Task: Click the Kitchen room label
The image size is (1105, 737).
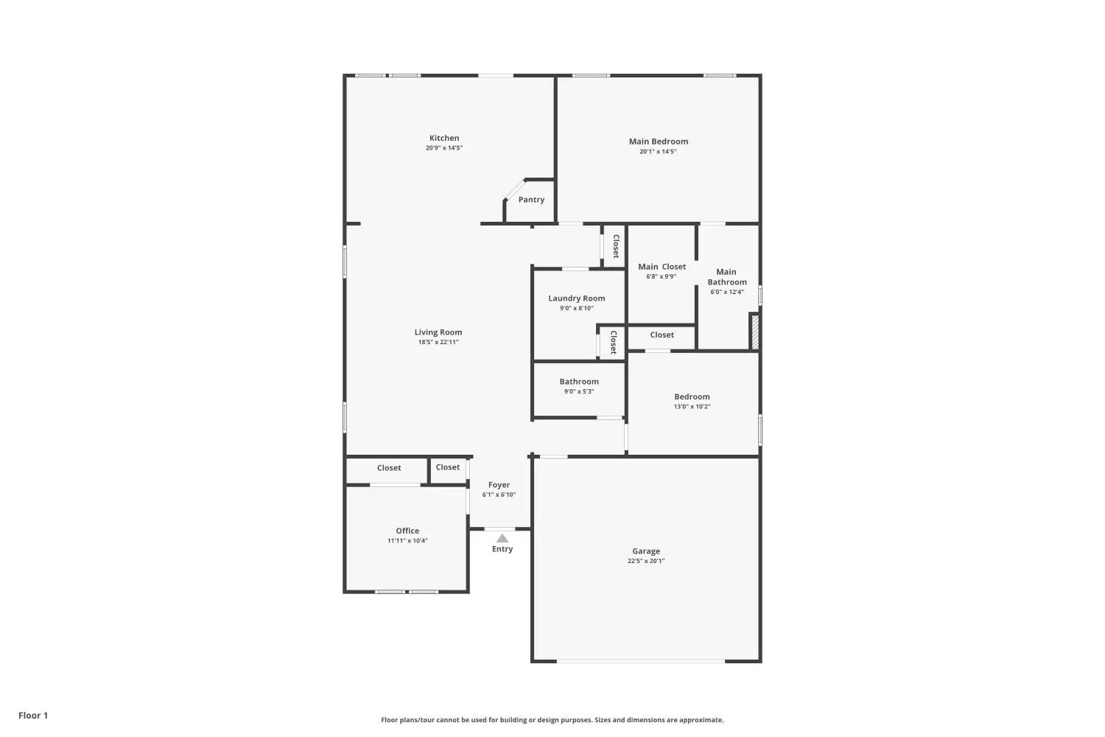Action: coord(444,139)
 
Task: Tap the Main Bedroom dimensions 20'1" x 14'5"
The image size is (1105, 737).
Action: coord(658,152)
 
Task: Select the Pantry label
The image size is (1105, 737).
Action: coord(531,200)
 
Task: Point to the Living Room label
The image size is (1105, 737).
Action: coord(438,332)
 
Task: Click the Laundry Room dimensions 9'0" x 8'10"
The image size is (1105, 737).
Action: coord(577,308)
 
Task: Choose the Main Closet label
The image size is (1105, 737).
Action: coord(662,267)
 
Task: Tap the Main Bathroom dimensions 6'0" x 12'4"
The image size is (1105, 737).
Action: coord(726,292)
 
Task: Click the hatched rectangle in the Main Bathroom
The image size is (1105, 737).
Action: coord(754,332)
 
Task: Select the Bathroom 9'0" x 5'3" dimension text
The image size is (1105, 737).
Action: coord(579,391)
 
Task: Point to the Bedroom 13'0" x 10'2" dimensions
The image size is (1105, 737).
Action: coord(692,407)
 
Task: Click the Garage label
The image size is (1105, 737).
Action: coord(646,551)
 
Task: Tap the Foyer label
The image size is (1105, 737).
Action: coord(499,485)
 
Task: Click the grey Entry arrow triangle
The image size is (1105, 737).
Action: coord(502,538)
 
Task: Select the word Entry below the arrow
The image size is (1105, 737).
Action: coord(502,549)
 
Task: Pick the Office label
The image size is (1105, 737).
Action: coord(407,531)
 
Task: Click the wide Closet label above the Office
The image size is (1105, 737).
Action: coord(389,468)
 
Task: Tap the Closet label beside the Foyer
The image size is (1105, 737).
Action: coord(447,467)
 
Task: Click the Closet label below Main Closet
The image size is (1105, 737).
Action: coord(662,335)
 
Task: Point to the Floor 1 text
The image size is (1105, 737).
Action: coord(33,716)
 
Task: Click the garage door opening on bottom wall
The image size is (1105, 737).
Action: coord(641,661)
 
